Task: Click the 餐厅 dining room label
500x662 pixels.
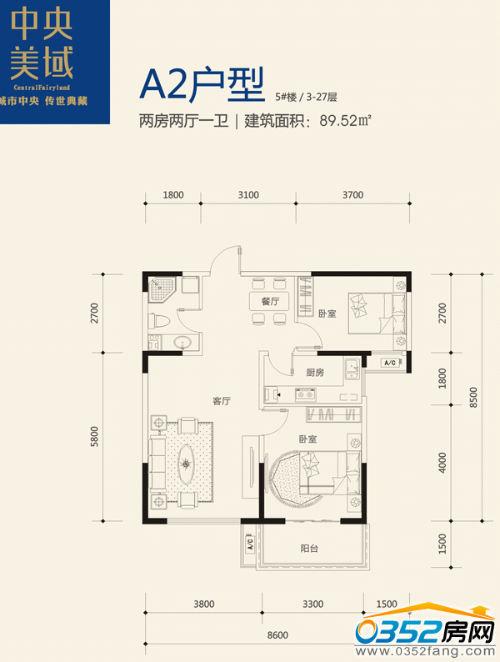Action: click(270, 301)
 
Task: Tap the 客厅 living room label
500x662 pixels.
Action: click(222, 401)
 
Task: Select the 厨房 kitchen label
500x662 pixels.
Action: click(315, 373)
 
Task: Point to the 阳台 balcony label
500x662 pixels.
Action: click(309, 548)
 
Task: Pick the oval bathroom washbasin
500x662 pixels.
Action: click(182, 342)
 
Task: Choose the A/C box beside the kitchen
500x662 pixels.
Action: click(390, 363)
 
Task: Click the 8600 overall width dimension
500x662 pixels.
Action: click(277, 635)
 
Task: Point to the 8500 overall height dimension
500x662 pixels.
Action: click(473, 398)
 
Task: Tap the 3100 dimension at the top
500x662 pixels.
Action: click(248, 194)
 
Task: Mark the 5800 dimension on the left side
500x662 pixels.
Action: click(94, 437)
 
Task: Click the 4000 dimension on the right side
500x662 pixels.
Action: click(442, 463)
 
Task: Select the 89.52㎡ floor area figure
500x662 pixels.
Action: click(345, 121)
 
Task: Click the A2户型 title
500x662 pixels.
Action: click(202, 84)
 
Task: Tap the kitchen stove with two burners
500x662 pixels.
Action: click(306, 394)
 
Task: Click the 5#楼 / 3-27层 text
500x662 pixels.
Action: click(307, 97)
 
